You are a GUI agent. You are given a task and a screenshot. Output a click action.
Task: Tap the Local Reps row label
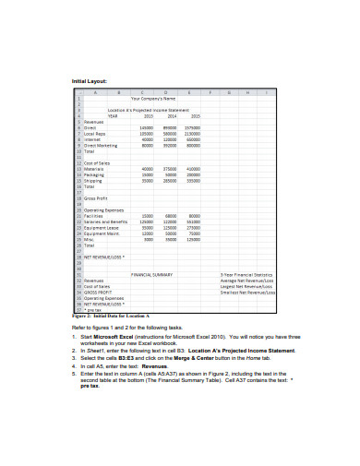tap(96, 134)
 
